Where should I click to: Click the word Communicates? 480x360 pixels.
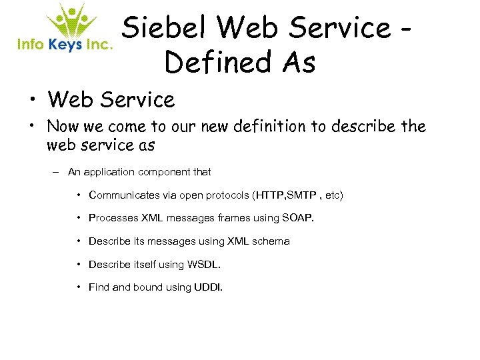pyautogui.click(x=124, y=195)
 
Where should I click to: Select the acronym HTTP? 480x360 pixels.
pyautogui.click(x=269, y=195)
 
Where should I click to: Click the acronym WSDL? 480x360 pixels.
pyautogui.click(x=203, y=264)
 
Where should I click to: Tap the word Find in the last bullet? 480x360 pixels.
pyautogui.click(x=99, y=287)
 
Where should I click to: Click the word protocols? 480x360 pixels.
pyautogui.click(x=226, y=195)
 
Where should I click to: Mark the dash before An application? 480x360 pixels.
pyautogui.click(x=58, y=172)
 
